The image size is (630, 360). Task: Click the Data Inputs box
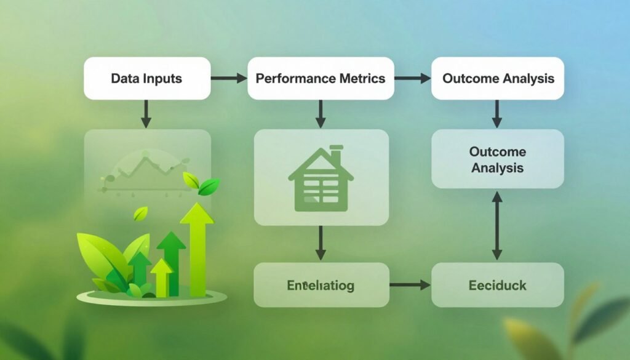click(146, 78)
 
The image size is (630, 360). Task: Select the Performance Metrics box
click(321, 78)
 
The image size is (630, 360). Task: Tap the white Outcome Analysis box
click(498, 78)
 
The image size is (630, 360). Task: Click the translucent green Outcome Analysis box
click(498, 159)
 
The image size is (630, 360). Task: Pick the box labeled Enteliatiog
click(321, 285)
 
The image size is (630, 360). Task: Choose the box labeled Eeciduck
click(498, 285)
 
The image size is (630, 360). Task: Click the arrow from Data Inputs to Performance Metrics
click(228, 78)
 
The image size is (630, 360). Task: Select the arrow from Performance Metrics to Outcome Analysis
click(412, 78)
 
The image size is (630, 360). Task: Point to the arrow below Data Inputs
click(146, 113)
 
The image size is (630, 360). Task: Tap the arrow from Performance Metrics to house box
click(321, 113)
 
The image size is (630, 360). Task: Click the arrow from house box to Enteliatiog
click(321, 242)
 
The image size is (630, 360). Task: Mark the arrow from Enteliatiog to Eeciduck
click(410, 285)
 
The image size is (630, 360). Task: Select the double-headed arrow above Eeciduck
click(497, 225)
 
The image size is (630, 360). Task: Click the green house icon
click(321, 178)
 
